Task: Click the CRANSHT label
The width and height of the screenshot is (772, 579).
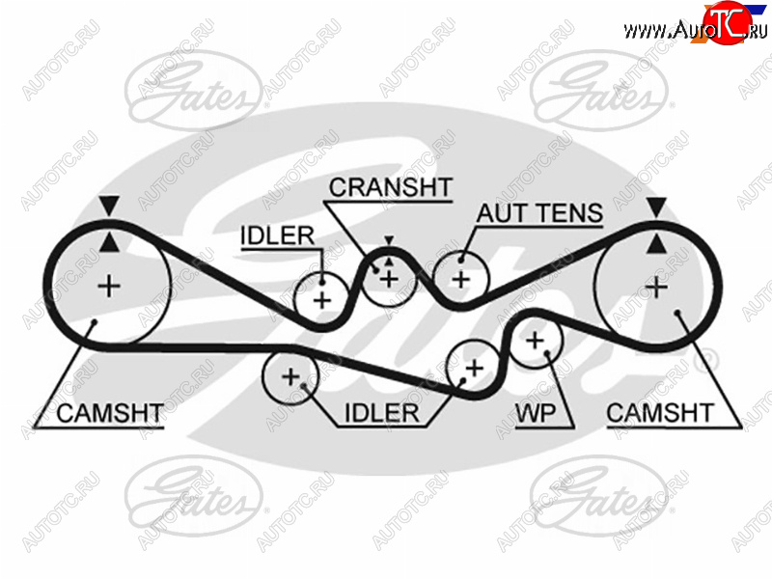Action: [x=391, y=187]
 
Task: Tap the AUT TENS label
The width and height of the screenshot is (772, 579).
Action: [x=539, y=213]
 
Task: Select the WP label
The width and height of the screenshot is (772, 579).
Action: [x=536, y=413]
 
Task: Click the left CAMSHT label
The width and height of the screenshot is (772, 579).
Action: [x=110, y=413]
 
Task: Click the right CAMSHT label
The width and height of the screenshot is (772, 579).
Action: [x=660, y=413]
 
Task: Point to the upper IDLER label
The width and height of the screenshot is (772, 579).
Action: [x=277, y=235]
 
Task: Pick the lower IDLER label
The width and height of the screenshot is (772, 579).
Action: [x=381, y=413]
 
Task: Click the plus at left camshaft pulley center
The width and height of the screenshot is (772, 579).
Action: [x=109, y=286]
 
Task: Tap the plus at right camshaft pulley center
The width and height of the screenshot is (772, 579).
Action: [x=656, y=287]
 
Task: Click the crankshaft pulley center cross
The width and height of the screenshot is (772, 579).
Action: [x=389, y=280]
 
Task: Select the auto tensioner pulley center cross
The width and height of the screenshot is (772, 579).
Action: [x=461, y=280]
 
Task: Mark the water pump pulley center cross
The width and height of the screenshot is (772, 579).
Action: [x=535, y=341]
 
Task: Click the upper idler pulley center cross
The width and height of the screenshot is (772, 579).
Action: [x=322, y=300]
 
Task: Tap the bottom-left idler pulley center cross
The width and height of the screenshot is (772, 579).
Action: [x=290, y=377]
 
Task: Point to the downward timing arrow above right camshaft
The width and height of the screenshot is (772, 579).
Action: [x=656, y=207]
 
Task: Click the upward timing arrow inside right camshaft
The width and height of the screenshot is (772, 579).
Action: [x=656, y=244]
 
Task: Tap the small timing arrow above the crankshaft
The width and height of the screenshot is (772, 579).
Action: [x=390, y=240]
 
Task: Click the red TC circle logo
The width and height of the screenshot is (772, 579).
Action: [x=728, y=22]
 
